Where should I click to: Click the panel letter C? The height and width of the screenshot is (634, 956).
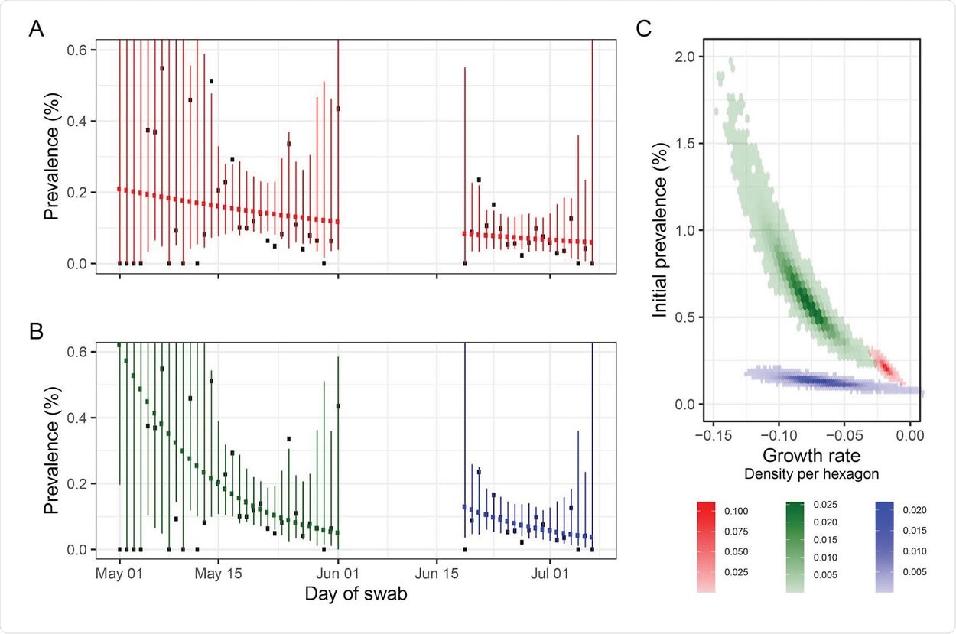click(x=644, y=29)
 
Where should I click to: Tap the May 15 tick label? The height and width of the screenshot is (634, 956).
click(x=218, y=572)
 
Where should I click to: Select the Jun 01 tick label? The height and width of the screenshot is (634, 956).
click(x=337, y=572)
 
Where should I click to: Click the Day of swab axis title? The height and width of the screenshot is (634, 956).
click(x=356, y=594)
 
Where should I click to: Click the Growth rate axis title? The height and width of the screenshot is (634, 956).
click(x=811, y=456)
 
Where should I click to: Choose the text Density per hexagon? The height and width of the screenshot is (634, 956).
click(x=811, y=474)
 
